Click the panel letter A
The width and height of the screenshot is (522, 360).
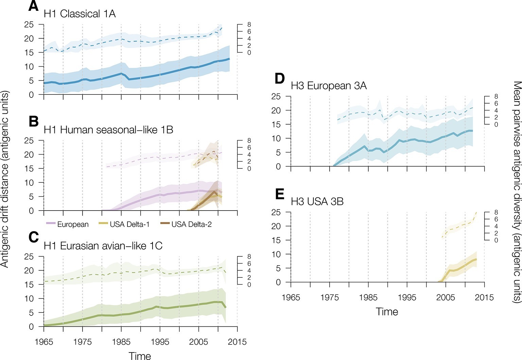[x=33, y=6]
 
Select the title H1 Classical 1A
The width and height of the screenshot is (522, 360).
[x=80, y=14]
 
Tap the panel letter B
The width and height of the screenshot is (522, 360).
[x=34, y=121]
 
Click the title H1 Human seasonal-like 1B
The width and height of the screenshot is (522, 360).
[x=108, y=130]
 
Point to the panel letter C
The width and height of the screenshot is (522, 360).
[x=34, y=237]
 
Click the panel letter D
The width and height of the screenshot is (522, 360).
[x=280, y=78]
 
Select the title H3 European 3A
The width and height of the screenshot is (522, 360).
[x=329, y=86]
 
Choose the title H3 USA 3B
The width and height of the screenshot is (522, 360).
[x=317, y=202]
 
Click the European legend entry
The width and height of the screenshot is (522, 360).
[x=72, y=224]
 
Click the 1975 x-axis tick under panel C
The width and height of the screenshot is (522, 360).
[x=83, y=342]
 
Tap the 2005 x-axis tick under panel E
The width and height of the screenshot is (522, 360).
[x=446, y=298]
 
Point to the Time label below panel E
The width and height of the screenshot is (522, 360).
[x=387, y=312]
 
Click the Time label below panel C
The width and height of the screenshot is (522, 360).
[x=140, y=356]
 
